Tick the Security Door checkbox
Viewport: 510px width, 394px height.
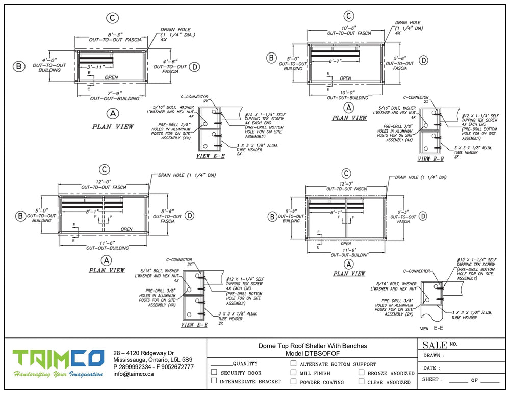coord(214,373)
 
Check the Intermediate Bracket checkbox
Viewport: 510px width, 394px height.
coord(214,381)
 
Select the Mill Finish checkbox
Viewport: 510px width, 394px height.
coord(293,373)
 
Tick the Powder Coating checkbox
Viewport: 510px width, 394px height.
coord(293,382)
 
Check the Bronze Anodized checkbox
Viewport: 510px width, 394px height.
coord(361,373)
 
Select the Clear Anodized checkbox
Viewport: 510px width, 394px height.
coord(361,382)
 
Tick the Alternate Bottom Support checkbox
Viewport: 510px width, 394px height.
coord(293,364)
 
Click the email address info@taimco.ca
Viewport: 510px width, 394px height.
coord(133,374)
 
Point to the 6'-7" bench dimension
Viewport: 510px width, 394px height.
coord(335,61)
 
